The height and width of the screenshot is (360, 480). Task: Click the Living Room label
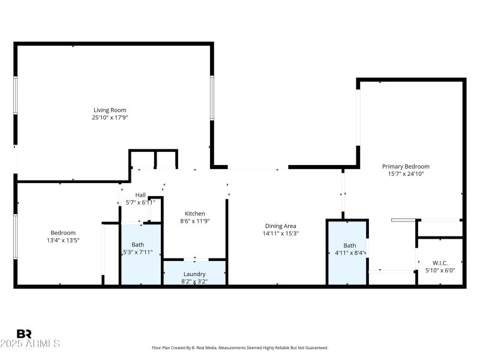110,110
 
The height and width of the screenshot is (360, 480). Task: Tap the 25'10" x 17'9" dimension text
110,118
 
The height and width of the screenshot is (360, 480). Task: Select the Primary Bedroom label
406,166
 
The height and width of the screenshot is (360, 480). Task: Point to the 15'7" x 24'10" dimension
406,174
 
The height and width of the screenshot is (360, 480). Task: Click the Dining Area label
281,226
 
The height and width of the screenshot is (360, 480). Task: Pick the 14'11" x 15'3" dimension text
281,233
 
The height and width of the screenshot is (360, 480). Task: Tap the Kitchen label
195,214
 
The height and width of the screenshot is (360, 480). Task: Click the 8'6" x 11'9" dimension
195,221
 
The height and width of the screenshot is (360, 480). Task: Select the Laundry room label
194,274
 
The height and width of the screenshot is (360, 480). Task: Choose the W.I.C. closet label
440,263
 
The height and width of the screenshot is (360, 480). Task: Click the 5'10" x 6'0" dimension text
440,271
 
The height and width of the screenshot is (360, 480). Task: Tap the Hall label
140,194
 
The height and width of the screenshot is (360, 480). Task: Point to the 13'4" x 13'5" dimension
63,240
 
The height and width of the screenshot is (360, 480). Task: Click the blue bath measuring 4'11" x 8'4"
347,253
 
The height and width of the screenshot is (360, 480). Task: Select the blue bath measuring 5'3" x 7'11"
141,253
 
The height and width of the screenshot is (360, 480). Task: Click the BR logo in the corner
25,334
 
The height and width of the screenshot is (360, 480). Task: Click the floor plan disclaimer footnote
240,348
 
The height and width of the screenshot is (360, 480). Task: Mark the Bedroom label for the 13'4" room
63,233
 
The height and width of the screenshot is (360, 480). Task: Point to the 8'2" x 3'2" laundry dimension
194,281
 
